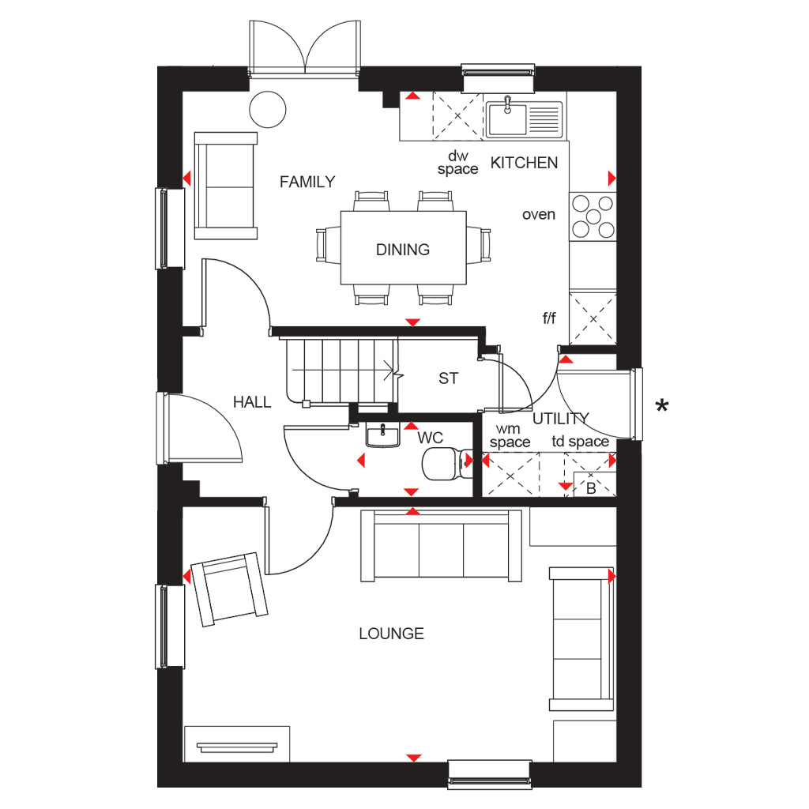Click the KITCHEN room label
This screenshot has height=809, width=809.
pos(525,163)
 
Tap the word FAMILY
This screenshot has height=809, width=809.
pos(307,182)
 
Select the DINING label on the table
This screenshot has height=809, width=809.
pos(403,250)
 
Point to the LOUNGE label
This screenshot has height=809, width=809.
pos(392,634)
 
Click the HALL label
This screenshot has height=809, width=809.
pos(252,402)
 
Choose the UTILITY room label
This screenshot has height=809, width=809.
pos(561,419)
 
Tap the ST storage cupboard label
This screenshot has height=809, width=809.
pos(448,378)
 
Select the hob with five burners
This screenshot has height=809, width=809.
pos(593,216)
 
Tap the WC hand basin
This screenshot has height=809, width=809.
pos(383,435)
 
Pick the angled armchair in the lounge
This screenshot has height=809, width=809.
pos(229,589)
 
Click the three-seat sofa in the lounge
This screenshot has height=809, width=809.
pos(441,545)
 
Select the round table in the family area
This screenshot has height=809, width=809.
pos(267,109)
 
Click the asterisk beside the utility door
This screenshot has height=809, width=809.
pos(662,406)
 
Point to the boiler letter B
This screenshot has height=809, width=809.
pos(591,488)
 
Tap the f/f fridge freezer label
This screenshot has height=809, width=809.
pos(550,318)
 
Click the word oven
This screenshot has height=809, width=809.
pos(539,215)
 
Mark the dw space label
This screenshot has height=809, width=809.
pos(457,163)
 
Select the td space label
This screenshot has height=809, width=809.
pos(581,442)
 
